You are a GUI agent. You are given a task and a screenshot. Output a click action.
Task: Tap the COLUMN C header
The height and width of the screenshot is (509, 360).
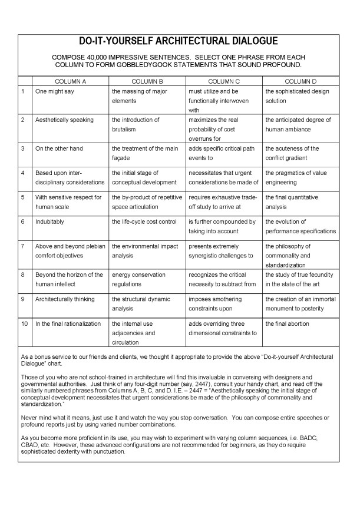[x=224, y=81]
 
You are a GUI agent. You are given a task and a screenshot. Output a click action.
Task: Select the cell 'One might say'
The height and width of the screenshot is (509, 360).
[x=54, y=91]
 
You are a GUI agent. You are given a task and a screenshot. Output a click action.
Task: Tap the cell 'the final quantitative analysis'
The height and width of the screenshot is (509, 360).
[x=293, y=201]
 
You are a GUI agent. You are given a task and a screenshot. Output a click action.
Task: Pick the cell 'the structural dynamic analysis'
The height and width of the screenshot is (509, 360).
[x=138, y=303]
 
